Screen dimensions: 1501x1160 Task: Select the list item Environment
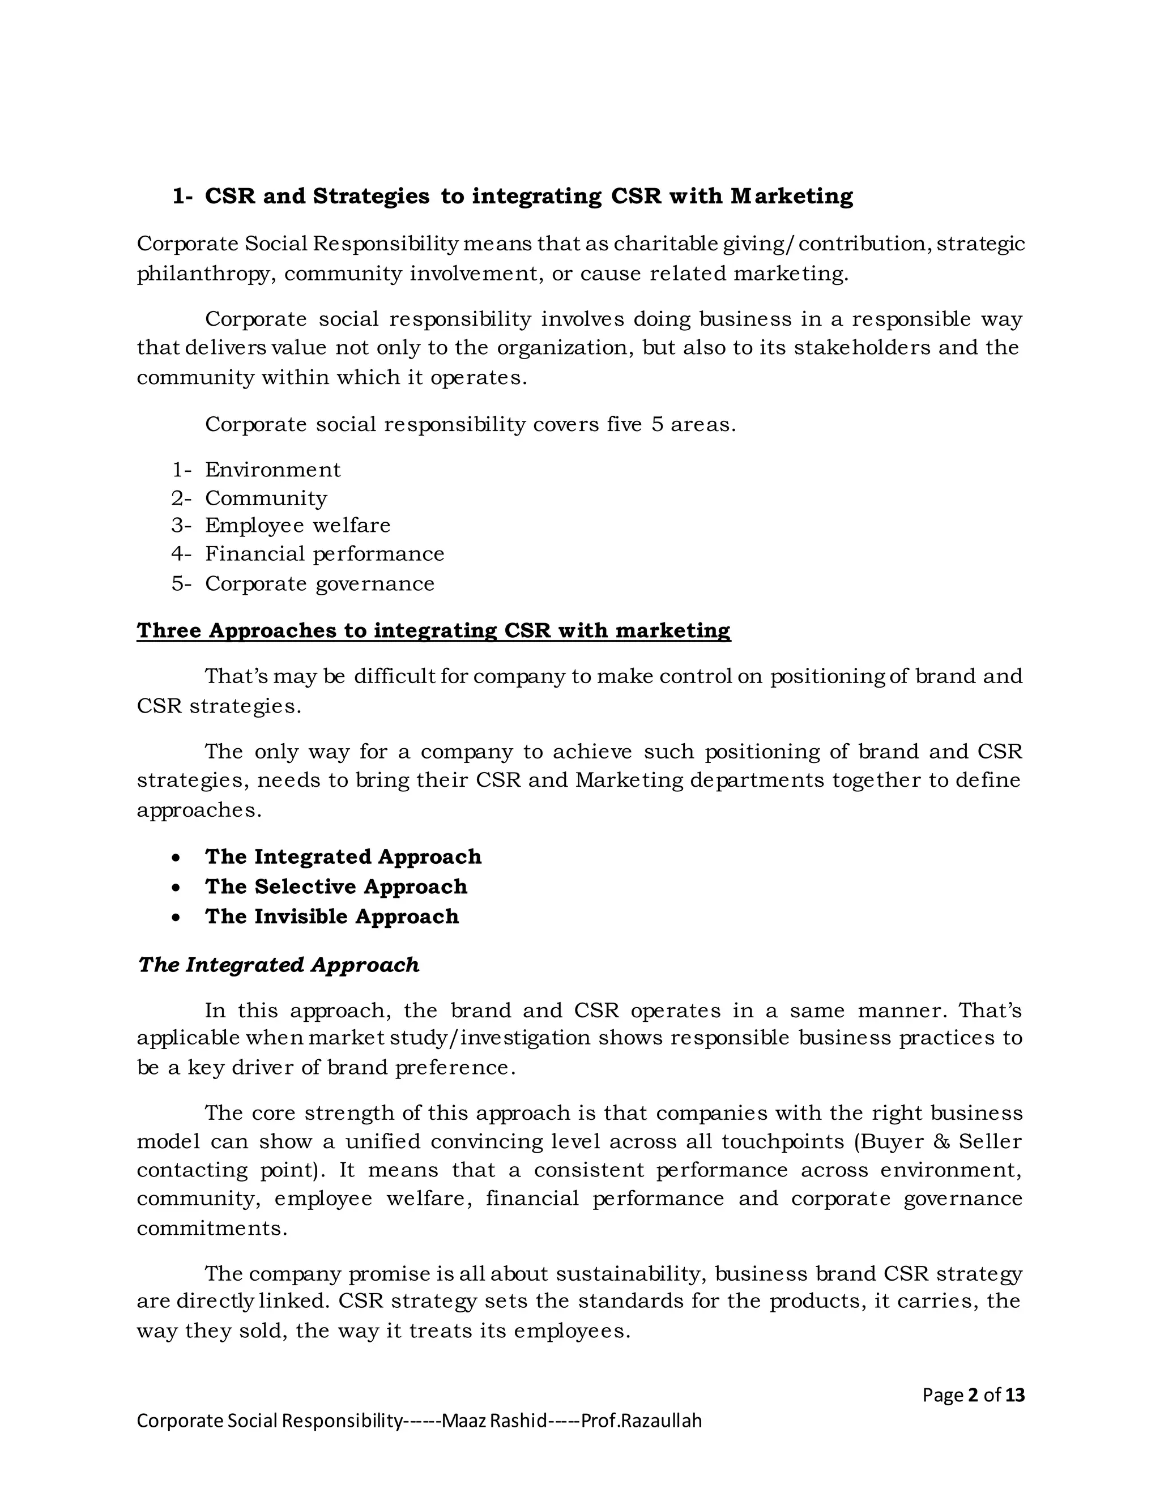(272, 470)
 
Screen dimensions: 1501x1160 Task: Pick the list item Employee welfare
(297, 526)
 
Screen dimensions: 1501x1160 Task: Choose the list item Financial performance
(325, 554)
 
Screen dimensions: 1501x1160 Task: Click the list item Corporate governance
(319, 583)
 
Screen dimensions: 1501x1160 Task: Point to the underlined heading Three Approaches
(433, 630)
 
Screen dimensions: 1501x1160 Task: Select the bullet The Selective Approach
(335, 886)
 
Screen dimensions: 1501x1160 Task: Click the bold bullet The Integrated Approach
(343, 857)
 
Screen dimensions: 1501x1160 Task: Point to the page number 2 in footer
(973, 1395)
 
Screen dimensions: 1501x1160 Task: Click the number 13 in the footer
(1014, 1395)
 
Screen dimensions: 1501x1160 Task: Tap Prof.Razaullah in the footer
(641, 1421)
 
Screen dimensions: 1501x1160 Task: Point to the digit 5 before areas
(658, 425)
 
